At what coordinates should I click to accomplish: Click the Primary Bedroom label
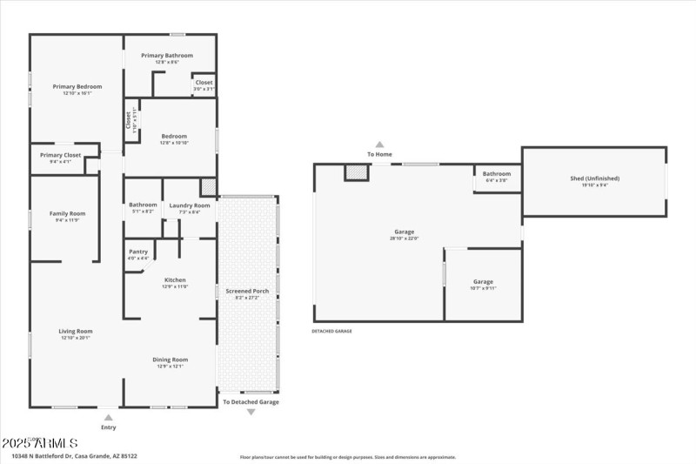pos(77,87)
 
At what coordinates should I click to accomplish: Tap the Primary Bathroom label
pos(167,56)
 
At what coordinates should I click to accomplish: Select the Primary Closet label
pos(60,155)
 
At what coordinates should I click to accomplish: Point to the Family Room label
pos(67,213)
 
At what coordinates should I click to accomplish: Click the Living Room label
pos(76,331)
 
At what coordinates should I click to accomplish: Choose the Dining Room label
pos(171,360)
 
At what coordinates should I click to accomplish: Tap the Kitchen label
pos(175,280)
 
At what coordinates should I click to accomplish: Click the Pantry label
pos(137,252)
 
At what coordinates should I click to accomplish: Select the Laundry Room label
pos(190,205)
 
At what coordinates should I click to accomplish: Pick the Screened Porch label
pos(248,291)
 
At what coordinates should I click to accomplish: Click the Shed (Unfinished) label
pos(594,178)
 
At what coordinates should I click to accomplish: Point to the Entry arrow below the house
pos(108,418)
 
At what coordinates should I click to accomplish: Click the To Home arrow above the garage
pos(379,145)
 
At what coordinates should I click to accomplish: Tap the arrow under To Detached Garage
pos(251,412)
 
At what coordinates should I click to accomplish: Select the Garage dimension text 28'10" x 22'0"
pos(404,239)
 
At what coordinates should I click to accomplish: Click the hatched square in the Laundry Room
pos(208,187)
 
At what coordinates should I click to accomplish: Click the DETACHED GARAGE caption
pos(331,331)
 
